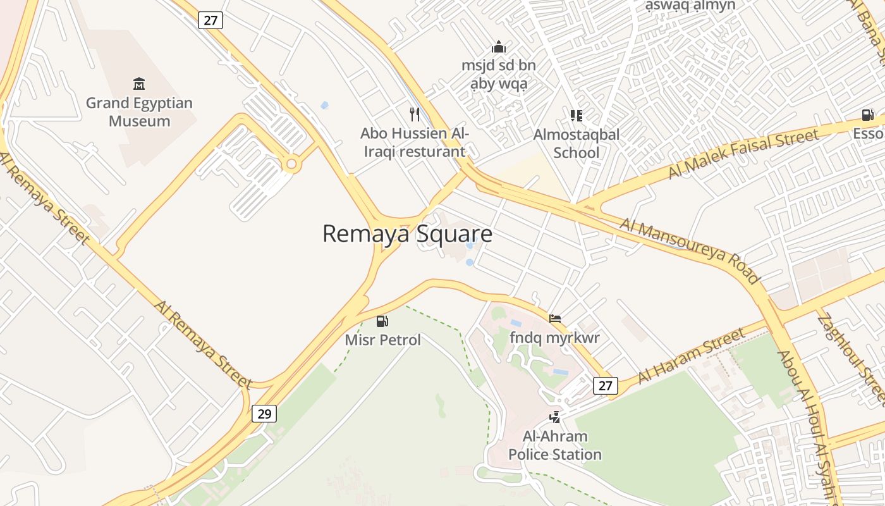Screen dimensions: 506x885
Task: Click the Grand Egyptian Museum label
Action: click(x=139, y=112)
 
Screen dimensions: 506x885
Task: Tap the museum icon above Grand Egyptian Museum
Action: click(x=139, y=83)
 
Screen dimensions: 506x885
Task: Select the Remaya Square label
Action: click(x=407, y=233)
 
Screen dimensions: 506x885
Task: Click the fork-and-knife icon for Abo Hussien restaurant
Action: click(x=415, y=114)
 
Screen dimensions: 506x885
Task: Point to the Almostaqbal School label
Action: click(x=576, y=144)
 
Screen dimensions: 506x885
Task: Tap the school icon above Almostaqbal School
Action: click(x=576, y=115)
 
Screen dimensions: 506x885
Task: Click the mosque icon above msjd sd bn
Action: click(x=499, y=47)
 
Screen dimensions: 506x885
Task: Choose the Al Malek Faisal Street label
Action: click(x=743, y=153)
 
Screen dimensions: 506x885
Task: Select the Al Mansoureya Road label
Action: click(x=689, y=250)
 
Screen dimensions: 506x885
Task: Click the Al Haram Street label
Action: click(x=692, y=355)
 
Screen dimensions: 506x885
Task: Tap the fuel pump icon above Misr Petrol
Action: click(x=382, y=321)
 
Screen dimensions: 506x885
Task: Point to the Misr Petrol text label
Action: click(x=382, y=340)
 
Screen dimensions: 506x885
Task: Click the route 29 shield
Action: click(x=264, y=414)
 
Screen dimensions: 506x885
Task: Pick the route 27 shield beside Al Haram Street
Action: click(x=606, y=385)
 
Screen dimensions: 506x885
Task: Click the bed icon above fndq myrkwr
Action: click(x=554, y=319)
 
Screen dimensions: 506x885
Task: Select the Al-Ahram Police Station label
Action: click(x=555, y=445)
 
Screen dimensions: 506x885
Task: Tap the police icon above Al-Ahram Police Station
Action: click(x=554, y=417)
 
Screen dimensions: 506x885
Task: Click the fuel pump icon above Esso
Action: click(x=868, y=115)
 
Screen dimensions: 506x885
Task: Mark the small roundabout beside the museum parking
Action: click(x=291, y=164)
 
